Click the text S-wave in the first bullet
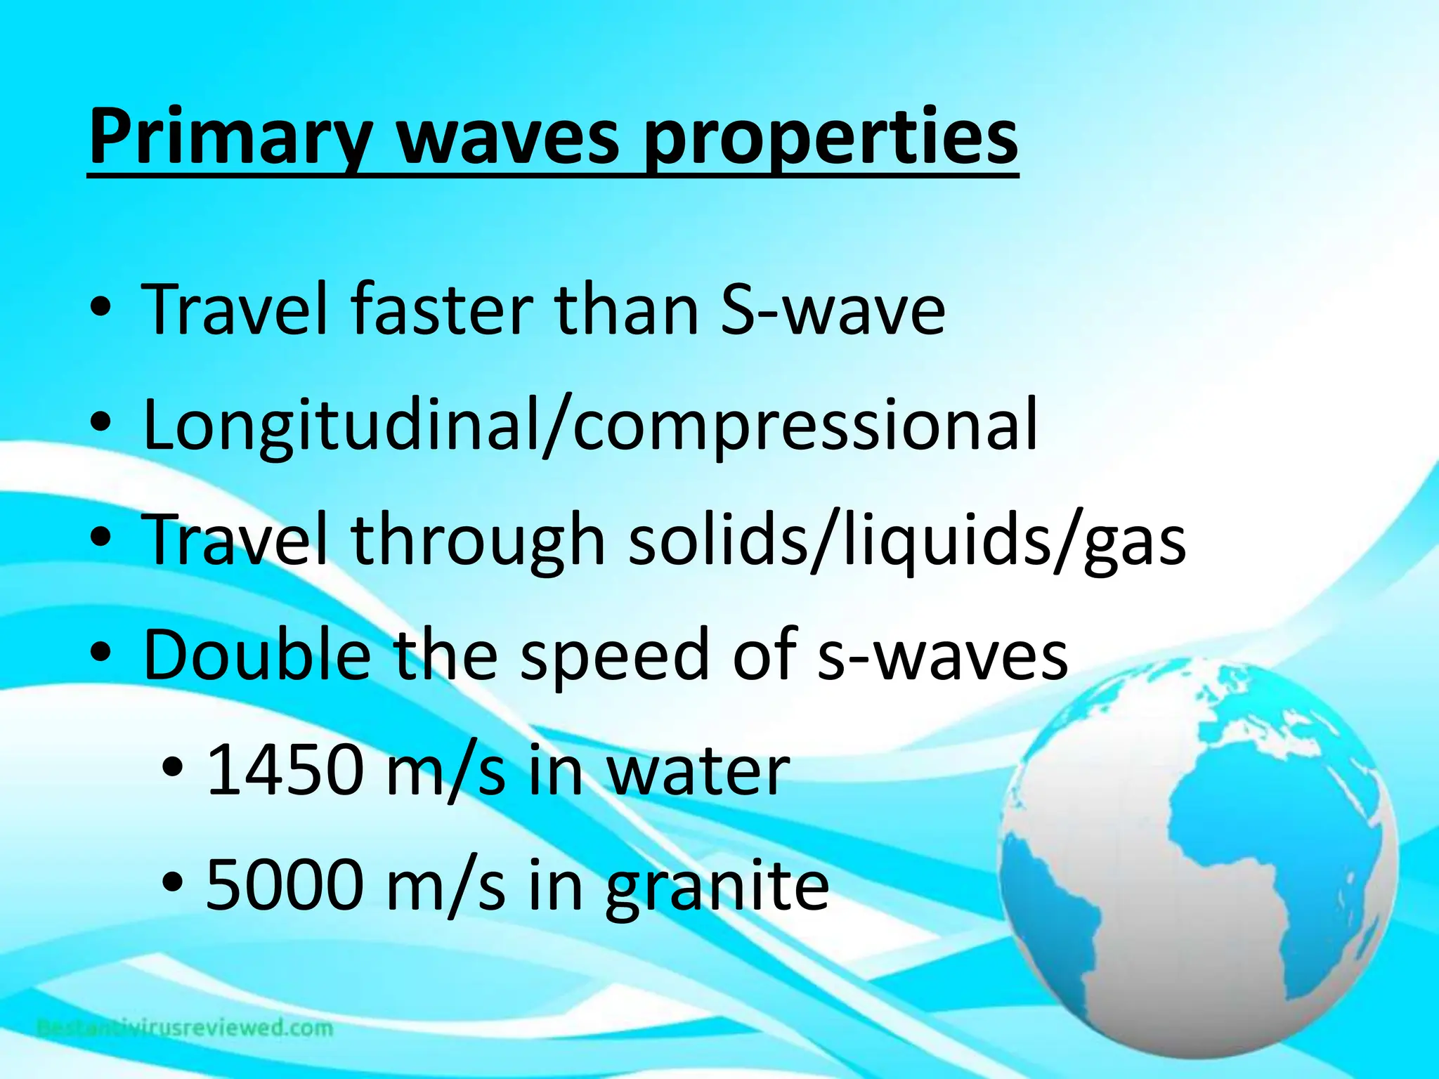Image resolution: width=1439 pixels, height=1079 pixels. (833, 309)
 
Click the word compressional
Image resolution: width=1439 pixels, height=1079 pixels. (805, 425)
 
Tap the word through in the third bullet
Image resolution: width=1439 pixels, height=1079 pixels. (477, 541)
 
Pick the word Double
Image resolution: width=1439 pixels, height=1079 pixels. (257, 655)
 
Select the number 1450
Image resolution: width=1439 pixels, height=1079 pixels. (284, 771)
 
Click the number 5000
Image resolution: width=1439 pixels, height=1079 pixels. (284, 885)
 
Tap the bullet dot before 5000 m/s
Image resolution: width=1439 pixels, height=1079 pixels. (173, 881)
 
